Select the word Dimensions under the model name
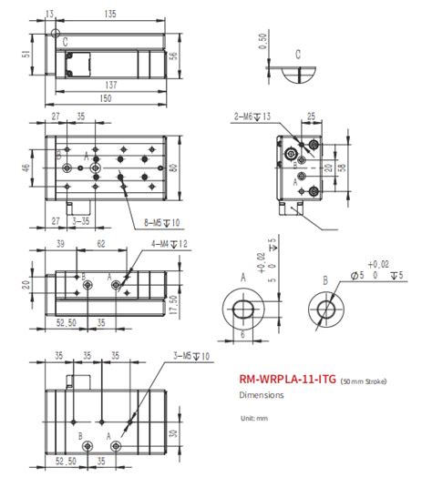coord(262,395)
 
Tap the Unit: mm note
coord(253,418)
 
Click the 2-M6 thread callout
coord(252,116)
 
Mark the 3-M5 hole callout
coord(192,355)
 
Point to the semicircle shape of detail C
coord(298,76)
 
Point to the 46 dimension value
coord(27,167)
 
